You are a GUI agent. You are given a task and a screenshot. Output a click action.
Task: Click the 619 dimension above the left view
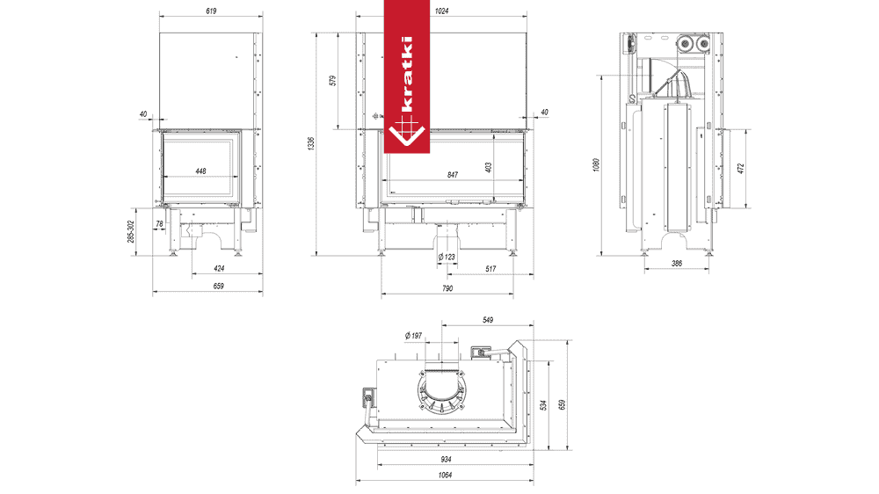[211, 11]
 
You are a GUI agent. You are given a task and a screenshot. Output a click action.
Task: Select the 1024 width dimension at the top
[442, 11]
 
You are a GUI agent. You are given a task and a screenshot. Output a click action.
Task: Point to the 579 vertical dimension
[333, 81]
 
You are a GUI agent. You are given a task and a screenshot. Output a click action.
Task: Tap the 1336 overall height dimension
[312, 143]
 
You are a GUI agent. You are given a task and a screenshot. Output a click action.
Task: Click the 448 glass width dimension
[200, 171]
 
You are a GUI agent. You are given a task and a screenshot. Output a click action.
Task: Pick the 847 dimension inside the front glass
[453, 175]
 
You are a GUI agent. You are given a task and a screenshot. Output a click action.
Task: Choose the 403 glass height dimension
[488, 167]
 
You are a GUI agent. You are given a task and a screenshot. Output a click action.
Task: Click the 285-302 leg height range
[131, 231]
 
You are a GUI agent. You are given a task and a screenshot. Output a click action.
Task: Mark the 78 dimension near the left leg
[160, 224]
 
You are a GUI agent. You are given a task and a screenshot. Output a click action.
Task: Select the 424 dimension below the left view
[219, 269]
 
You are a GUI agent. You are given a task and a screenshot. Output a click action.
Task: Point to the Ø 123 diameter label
[447, 257]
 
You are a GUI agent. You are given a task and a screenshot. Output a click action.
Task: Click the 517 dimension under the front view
[490, 269]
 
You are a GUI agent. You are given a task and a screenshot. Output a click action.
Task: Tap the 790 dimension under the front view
[447, 288]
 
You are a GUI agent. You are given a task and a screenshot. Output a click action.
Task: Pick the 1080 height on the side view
[596, 165]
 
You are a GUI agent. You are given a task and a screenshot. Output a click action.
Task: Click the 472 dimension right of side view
[741, 168]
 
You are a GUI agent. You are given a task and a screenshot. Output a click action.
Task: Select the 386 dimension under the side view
[677, 263]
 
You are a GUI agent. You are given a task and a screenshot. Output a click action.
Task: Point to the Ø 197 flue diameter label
[413, 335]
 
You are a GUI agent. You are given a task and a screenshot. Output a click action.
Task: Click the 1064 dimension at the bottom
[445, 475]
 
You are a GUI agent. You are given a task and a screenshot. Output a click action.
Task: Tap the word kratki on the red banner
[407, 74]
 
